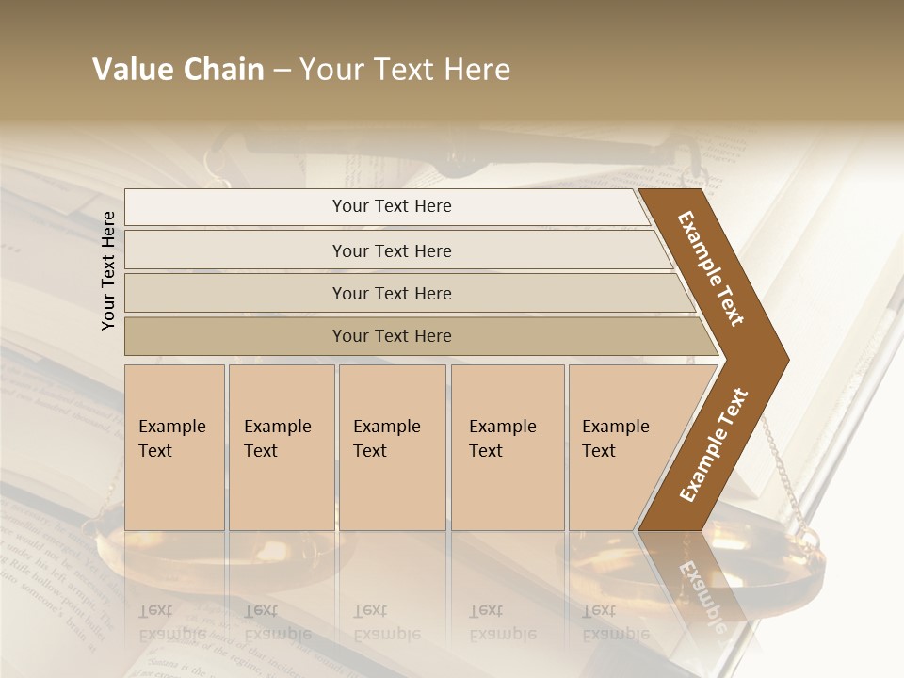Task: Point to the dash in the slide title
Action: [282, 71]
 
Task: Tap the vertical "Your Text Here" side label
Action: [109, 270]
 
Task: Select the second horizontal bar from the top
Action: [391, 250]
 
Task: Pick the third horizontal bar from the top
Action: [391, 293]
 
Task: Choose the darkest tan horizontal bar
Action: [391, 336]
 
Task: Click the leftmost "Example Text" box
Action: [174, 447]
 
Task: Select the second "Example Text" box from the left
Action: [281, 447]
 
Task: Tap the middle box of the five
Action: [392, 447]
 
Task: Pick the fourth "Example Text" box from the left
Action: [507, 447]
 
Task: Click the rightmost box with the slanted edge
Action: [621, 447]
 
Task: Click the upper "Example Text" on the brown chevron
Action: [711, 268]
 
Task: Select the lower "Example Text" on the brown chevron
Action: [713, 445]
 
